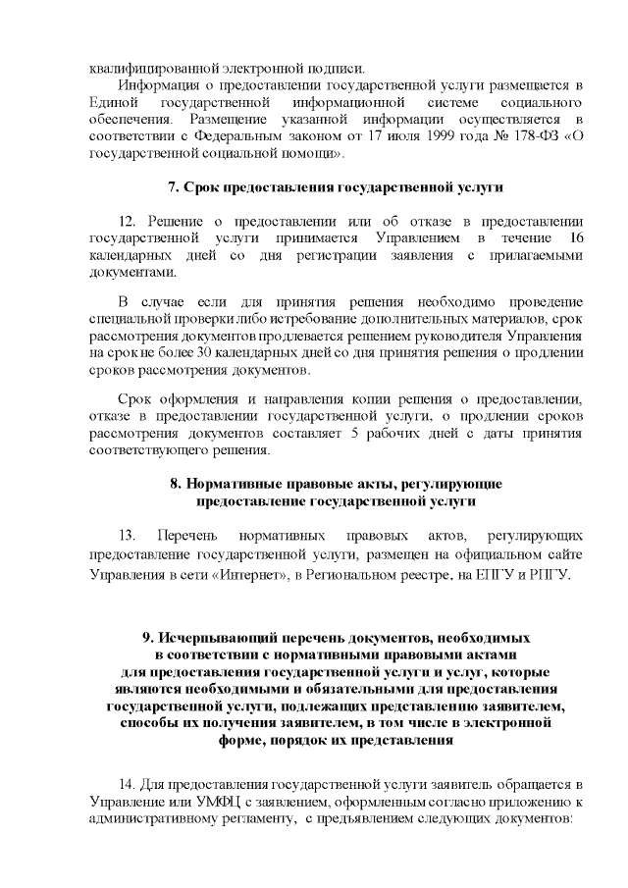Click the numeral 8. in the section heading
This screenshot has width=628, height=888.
point(176,485)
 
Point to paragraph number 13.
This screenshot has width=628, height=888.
point(126,536)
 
